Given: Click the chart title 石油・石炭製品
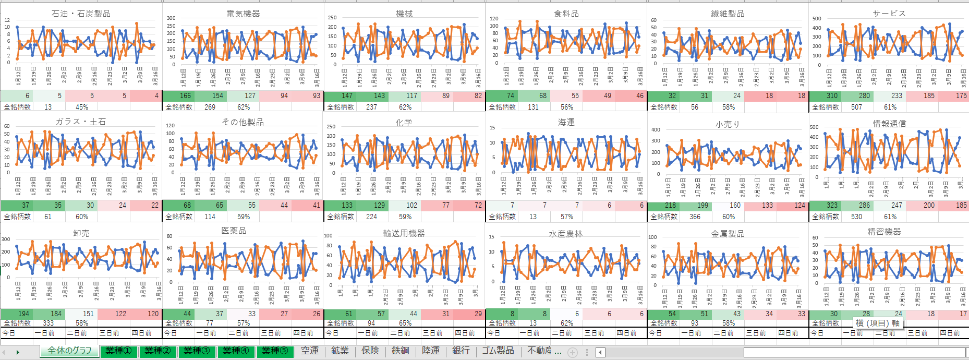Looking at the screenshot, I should point(81,14).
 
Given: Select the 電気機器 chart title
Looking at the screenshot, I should point(243,14).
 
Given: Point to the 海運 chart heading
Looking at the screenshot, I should point(566,122).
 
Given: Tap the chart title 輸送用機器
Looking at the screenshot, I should point(404,233).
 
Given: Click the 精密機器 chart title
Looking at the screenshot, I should point(884,232).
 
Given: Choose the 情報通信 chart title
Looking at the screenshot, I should point(889,124).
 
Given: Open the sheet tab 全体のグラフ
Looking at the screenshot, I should point(69,351).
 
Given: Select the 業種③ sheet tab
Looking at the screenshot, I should point(197,351).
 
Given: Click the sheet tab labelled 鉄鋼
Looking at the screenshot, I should point(400,351).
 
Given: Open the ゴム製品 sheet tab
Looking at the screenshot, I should point(498,351).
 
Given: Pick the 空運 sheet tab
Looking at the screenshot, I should point(309,351).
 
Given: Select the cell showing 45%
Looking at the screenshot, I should point(82,107).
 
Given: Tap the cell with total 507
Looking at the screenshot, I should point(856,107).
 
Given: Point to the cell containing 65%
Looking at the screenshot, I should point(405,323).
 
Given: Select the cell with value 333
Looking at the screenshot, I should point(48,323).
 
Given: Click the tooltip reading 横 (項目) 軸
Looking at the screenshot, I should point(878,323).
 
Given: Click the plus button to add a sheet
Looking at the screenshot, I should point(572,352).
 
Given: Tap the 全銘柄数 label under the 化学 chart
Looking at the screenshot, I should point(341,217).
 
